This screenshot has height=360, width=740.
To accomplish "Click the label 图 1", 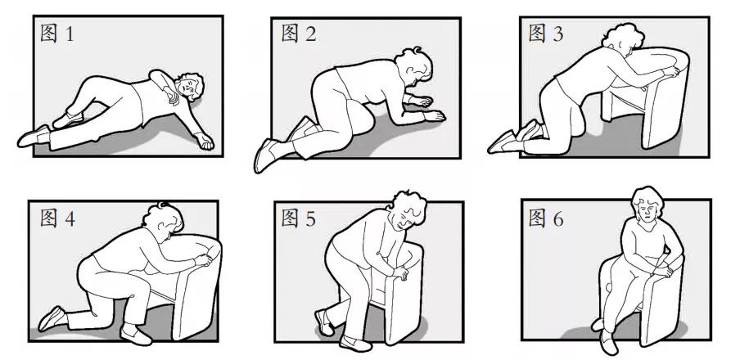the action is [57, 34].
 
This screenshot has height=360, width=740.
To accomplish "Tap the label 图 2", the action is [298, 34].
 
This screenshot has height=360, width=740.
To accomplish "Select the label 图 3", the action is [545, 34].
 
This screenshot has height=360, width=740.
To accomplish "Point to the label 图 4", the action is [57, 218].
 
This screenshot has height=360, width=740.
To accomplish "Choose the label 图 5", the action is [298, 218].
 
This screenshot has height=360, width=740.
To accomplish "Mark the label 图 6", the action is [545, 218].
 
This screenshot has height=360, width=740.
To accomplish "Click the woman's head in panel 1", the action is [189, 87].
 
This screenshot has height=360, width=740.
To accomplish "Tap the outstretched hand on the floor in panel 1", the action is [204, 141].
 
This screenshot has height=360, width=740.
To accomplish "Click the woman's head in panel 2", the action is [414, 65].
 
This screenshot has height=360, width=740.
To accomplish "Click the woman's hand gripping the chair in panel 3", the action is [671, 72].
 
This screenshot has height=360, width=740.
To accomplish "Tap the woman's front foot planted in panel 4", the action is [136, 334].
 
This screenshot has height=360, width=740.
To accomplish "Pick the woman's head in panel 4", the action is [163, 219].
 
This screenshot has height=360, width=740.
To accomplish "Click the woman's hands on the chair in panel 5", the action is [399, 272].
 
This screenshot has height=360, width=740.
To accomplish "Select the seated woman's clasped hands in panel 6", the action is [662, 270].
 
